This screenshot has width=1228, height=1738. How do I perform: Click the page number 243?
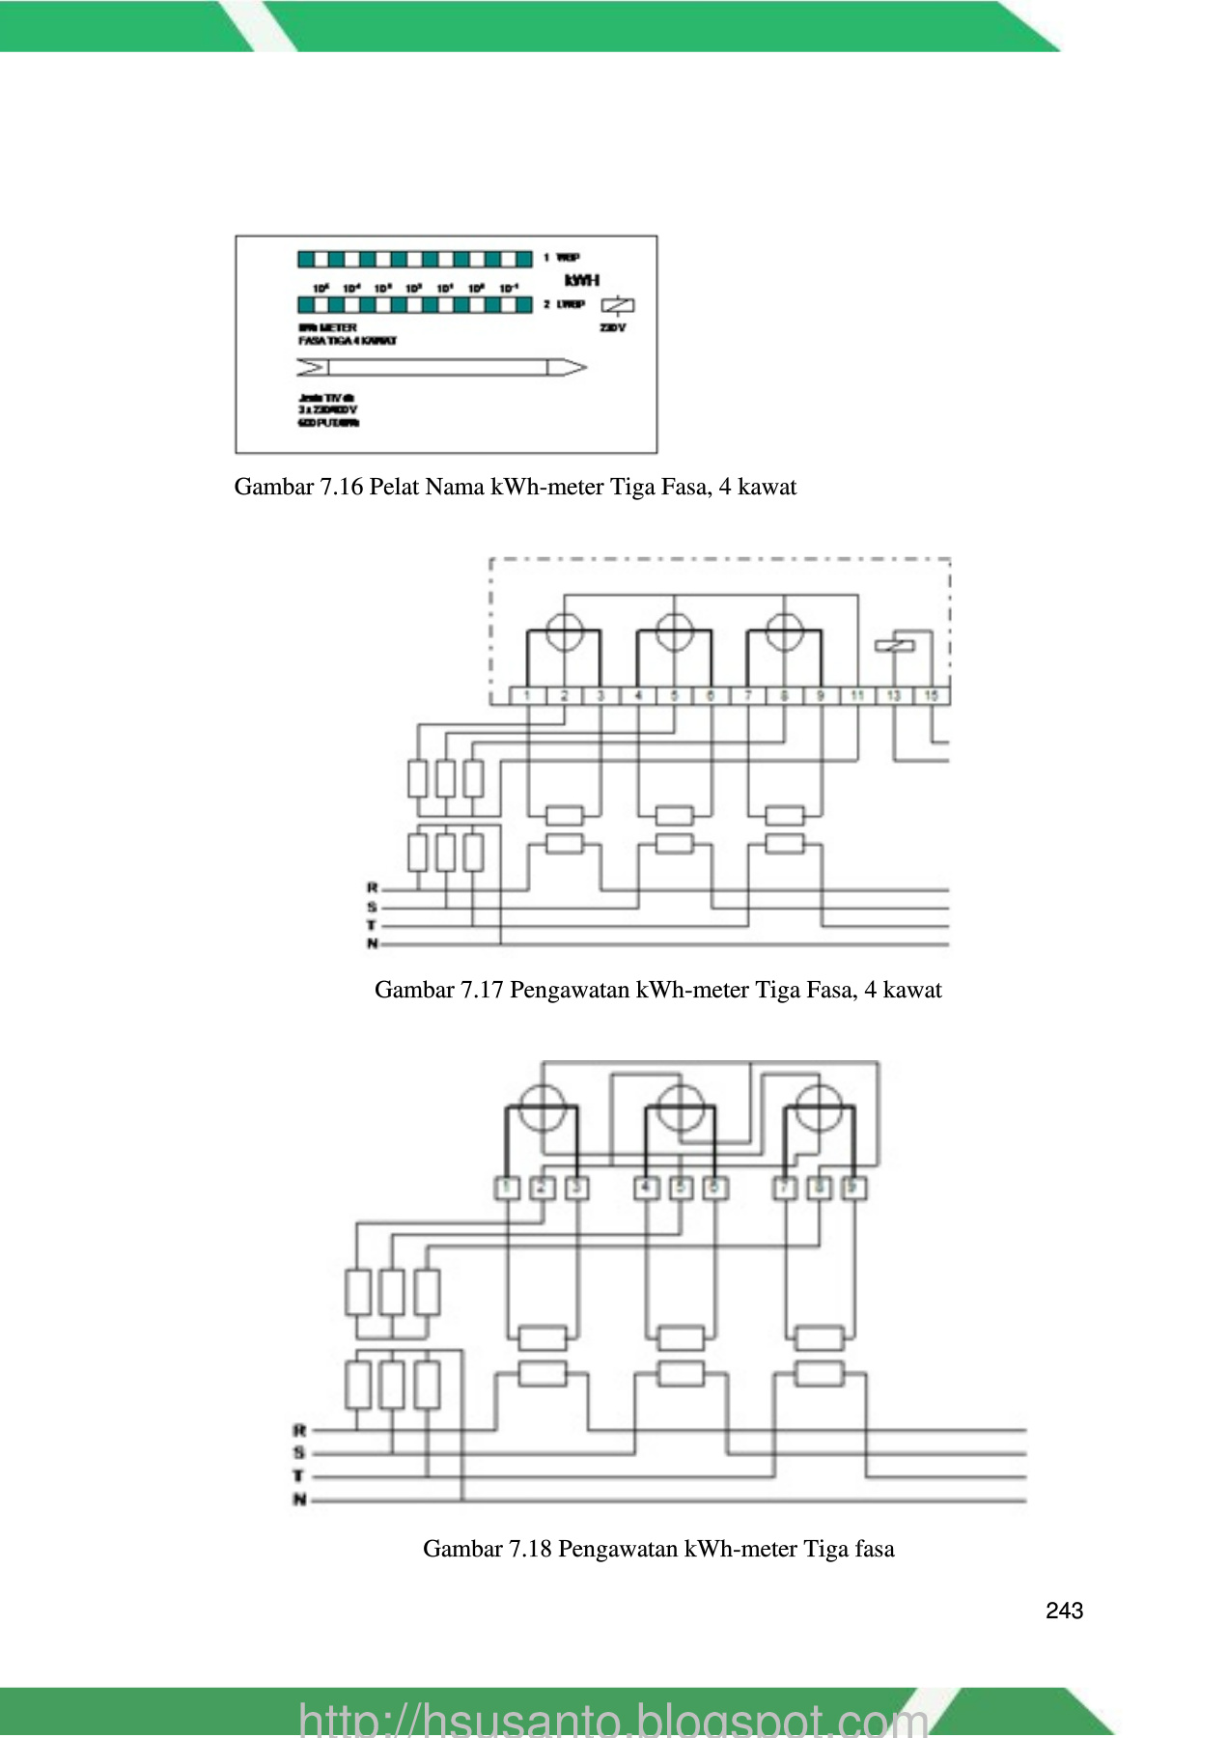click(x=1064, y=1611)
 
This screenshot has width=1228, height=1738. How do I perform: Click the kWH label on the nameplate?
click(x=582, y=280)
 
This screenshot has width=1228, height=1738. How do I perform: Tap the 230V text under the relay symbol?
click(x=613, y=328)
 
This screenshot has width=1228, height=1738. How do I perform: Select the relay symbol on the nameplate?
click(x=618, y=306)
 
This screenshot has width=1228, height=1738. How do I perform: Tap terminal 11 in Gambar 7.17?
click(x=857, y=695)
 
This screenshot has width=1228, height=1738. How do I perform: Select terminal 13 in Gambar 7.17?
click(x=894, y=695)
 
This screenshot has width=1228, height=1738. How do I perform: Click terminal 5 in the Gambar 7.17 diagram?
click(x=674, y=695)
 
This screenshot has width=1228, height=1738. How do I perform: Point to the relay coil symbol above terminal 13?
click(x=894, y=645)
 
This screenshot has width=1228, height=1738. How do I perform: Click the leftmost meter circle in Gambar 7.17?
click(x=564, y=632)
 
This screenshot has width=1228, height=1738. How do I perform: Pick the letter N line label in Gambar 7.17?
click(x=372, y=943)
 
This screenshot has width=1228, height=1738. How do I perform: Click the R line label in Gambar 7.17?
click(x=372, y=887)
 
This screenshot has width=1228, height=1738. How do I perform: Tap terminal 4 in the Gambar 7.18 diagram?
click(x=646, y=1188)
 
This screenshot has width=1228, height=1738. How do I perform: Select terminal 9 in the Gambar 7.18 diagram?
click(x=852, y=1188)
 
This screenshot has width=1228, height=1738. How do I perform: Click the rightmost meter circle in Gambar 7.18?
click(x=819, y=1107)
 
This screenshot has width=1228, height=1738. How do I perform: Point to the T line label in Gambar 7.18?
click(x=299, y=1476)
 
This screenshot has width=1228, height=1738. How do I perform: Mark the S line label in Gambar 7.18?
click(x=299, y=1452)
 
